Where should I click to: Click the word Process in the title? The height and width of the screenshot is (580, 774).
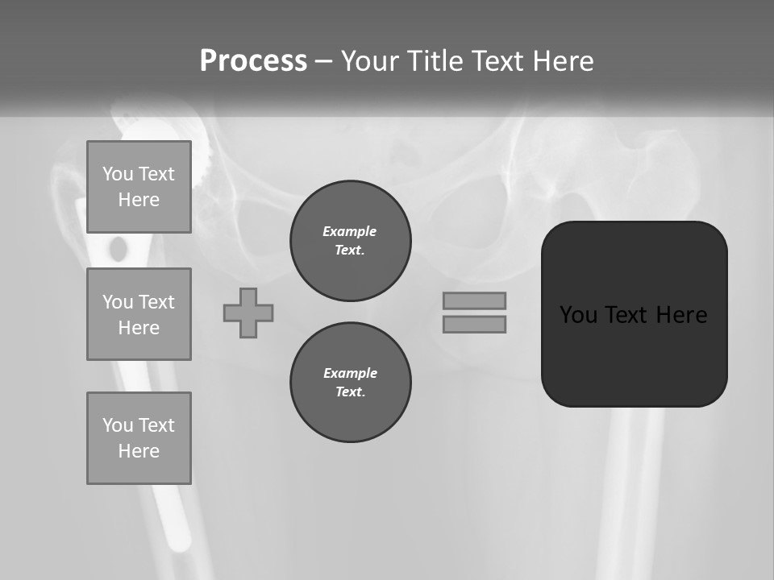253,61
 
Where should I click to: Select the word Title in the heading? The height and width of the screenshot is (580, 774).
439,61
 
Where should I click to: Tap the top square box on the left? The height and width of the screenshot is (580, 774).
139,187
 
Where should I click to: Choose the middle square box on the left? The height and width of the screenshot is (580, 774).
139,314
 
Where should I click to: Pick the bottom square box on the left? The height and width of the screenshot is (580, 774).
139,438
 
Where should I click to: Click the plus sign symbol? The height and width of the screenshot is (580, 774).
248,313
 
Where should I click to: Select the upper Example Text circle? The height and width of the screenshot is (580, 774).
350,241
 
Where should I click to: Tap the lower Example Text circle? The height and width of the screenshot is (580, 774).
350,383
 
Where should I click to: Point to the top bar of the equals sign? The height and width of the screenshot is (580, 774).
474,300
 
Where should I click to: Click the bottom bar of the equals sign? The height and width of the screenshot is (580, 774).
474,324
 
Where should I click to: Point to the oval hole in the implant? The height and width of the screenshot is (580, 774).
119,249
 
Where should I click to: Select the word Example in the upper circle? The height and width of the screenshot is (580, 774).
350,231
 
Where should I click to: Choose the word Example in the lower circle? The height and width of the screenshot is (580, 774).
350,373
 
